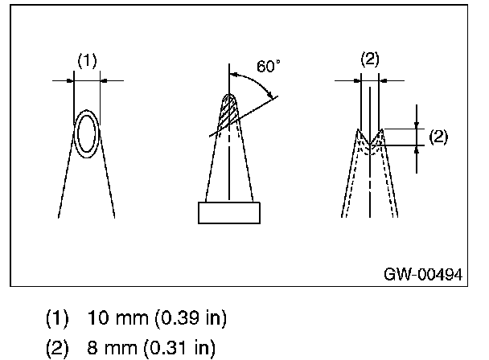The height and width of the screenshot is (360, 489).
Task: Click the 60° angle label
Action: point(269,67)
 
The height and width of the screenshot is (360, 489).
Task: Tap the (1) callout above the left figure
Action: point(87,59)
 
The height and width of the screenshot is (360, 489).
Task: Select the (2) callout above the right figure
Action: point(370,59)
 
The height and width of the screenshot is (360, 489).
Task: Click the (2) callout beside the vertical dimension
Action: point(438,137)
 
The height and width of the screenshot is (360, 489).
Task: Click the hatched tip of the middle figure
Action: point(230,112)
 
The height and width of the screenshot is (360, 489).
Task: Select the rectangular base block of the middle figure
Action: point(229,212)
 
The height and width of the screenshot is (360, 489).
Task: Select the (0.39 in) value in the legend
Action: point(187,319)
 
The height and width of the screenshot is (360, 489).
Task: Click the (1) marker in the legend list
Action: point(56,319)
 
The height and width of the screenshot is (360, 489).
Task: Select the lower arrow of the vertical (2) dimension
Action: point(417,149)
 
